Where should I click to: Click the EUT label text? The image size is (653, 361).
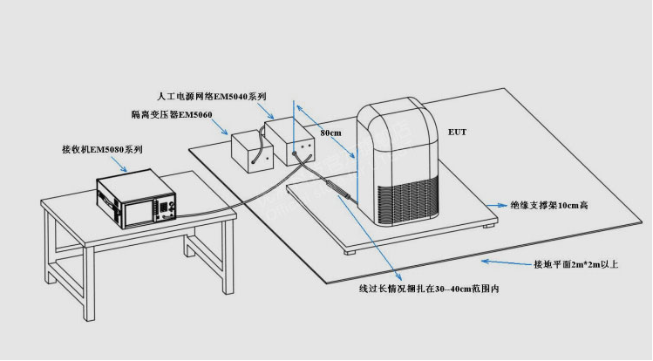pos(457,133)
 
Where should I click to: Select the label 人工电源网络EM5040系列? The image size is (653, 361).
pos(211,96)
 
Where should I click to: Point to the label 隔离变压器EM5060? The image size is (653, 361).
pos(171,114)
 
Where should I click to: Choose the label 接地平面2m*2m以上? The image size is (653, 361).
pos(575,263)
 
